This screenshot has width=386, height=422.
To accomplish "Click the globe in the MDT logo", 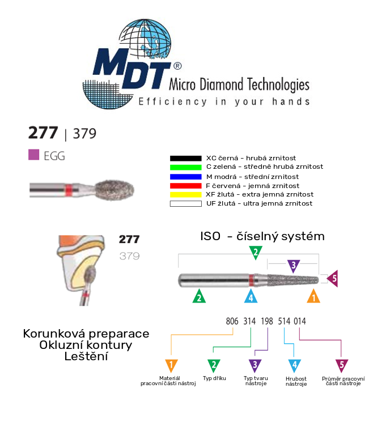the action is point(145,39).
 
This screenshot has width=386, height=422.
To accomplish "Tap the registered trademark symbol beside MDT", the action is point(177,66).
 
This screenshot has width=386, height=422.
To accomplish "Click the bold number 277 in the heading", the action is point(43,133).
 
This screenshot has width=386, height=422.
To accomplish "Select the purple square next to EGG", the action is point(33,155).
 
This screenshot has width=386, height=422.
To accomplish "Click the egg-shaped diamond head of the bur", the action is point(114,190).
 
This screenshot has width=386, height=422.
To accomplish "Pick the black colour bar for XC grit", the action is point(185,158).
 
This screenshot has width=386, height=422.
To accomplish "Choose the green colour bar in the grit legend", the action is point(185,167).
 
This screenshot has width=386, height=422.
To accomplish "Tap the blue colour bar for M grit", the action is point(185,177).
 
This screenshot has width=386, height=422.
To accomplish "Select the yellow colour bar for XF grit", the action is point(185,195).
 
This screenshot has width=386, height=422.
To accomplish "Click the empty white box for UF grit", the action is point(185,204).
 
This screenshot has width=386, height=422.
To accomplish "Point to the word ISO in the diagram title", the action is point(210,236).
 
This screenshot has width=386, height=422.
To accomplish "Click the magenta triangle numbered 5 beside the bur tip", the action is point(333,278).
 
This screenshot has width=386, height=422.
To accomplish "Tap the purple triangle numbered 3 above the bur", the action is point(294,266).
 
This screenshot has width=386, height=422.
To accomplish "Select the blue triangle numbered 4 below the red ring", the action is point(251,297).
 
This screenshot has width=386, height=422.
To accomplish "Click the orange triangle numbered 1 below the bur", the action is point(313,297).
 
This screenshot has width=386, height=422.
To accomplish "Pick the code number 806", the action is point(232,321).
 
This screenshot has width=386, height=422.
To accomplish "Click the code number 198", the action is point(267,321).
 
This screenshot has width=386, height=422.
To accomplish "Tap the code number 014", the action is point(300,321).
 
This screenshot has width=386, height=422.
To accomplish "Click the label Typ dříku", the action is point(214,378).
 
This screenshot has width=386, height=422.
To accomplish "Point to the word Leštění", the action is point(86,356).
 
